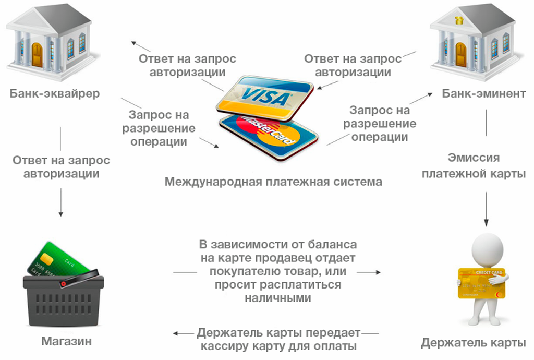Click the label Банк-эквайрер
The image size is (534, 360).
point(54,94)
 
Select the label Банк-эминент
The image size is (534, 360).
point(483,94)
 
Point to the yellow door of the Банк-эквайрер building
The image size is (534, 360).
point(37,54)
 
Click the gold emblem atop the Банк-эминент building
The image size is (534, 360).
point(459,20)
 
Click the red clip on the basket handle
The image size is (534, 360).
point(64,283)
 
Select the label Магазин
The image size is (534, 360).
point(66,342)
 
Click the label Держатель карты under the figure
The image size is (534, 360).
point(473,343)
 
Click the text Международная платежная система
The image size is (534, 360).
point(273,182)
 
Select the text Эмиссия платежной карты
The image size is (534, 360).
point(474,165)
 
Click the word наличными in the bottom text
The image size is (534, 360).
point(277,298)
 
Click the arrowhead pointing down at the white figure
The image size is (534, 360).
point(487,221)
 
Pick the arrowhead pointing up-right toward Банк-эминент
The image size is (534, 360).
point(430,94)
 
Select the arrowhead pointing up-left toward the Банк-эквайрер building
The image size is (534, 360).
point(133,42)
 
